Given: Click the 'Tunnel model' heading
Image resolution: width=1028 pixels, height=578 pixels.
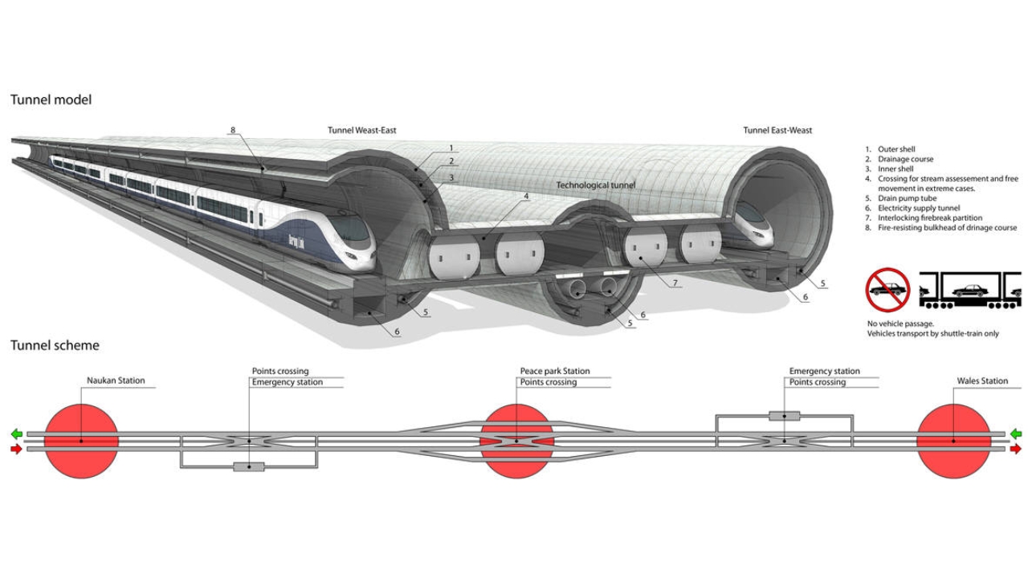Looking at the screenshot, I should [x=51, y=100].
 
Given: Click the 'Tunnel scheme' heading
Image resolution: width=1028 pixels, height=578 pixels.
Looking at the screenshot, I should [x=55, y=346].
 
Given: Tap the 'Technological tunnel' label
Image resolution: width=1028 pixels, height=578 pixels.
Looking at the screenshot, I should [x=595, y=185].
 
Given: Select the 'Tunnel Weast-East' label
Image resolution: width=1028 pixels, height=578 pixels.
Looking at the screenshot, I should [x=361, y=131].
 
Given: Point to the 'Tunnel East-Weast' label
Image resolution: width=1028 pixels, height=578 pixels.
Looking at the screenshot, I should [x=777, y=131].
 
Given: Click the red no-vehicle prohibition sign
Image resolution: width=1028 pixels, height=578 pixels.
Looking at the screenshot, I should [x=887, y=291].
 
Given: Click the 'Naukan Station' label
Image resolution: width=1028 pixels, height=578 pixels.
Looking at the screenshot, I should [x=116, y=381].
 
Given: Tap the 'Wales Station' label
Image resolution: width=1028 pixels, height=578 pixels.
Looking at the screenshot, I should [x=982, y=381].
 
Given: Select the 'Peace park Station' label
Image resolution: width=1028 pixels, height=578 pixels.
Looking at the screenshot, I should [x=554, y=371].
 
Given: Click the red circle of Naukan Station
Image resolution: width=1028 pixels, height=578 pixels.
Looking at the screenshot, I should [x=81, y=440].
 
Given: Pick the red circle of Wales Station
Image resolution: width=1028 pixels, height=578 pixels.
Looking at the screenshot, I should [x=953, y=440].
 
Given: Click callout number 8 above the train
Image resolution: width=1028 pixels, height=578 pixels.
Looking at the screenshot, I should [x=233, y=130].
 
